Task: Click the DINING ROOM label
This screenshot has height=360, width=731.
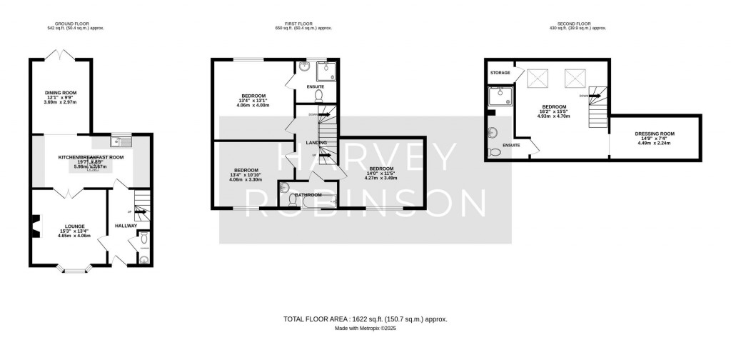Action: [x=60, y=92]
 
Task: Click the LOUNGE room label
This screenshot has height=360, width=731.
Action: [x=65, y=226]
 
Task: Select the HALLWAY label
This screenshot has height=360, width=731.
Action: [x=126, y=226]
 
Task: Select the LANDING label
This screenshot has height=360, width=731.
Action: [x=316, y=144]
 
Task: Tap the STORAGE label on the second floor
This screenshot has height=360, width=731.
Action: [x=500, y=73]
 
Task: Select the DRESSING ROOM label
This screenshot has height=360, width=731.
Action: [x=655, y=134]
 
